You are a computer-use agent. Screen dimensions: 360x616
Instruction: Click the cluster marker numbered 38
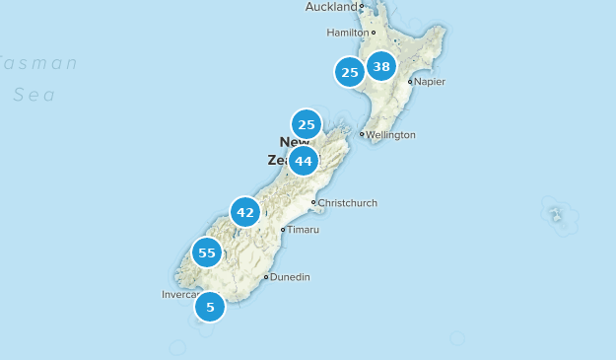coord(380,67)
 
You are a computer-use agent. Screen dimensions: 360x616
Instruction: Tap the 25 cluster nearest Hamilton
coord(349,72)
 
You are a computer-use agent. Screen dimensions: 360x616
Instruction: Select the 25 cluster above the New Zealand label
coord(307,124)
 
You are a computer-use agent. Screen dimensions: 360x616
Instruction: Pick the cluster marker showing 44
coord(303,161)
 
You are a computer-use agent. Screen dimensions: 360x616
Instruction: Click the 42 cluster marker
coord(245,212)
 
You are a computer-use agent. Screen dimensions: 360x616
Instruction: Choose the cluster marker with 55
coord(207,252)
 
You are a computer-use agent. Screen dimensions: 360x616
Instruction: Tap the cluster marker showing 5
coord(210,307)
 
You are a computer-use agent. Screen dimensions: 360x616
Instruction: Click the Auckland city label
coord(331,7)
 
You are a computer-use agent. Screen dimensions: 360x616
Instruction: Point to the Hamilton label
coord(347,33)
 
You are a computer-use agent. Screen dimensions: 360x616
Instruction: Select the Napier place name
coord(430,82)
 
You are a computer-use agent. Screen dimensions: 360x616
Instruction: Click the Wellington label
coord(391,135)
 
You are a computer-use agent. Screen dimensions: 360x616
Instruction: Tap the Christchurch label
coord(347,203)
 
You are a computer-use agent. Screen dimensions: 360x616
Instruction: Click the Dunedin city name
coord(290,277)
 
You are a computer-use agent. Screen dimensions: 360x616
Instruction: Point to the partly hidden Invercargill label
coord(179,294)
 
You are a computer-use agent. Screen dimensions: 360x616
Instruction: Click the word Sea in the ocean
coord(34,96)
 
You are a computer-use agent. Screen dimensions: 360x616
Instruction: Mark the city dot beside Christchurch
coord(313,203)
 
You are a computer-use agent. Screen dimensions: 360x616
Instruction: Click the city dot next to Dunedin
coord(266,277)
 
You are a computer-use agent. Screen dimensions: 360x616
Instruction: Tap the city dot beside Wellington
coord(362,134)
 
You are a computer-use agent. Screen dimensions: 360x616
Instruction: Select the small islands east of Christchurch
coord(555,212)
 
